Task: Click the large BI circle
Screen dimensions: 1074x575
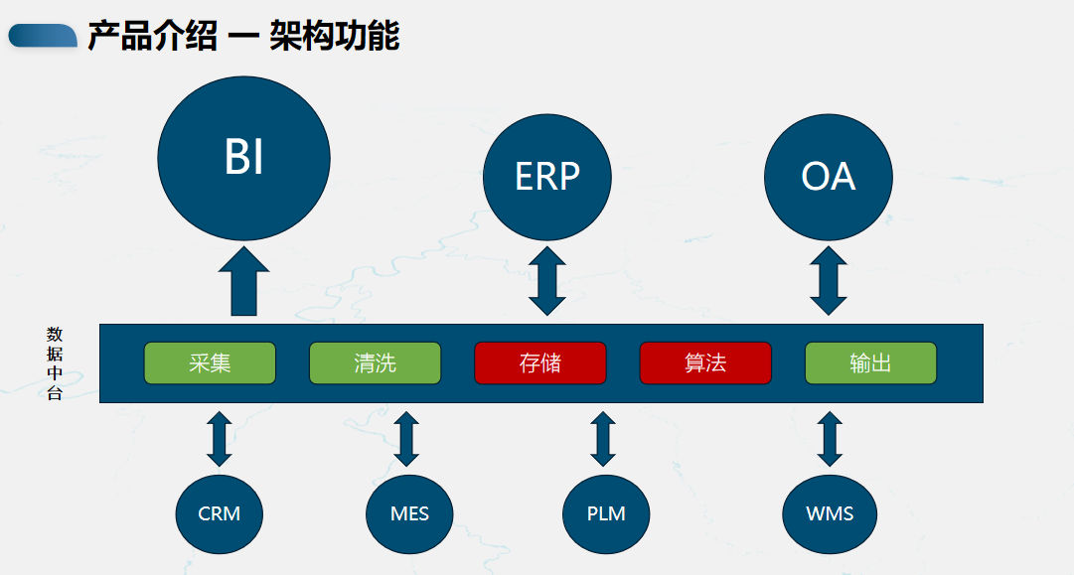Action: [243, 158]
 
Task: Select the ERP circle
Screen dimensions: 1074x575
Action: [547, 178]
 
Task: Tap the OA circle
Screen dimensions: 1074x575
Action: [829, 178]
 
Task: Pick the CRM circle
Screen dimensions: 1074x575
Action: [220, 514]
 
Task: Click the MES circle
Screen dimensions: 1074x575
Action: [409, 514]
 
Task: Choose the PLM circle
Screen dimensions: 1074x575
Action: [606, 514]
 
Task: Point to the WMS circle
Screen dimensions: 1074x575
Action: [830, 514]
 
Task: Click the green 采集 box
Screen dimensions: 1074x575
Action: [210, 362]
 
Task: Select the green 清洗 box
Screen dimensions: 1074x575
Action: [376, 362]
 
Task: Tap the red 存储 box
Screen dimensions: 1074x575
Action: [540, 362]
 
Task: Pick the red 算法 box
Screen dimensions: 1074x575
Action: [705, 362]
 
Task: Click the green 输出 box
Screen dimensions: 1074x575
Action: [870, 362]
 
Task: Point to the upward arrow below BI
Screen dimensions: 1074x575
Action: [243, 281]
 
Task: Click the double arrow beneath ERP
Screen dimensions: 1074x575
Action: [547, 281]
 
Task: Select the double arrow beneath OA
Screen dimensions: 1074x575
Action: [829, 281]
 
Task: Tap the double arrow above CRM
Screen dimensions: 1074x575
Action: [220, 439]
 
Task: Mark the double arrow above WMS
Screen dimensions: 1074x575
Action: [830, 439]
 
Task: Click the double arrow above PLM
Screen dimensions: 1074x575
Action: [603, 439]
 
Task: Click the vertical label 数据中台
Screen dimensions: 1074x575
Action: [55, 363]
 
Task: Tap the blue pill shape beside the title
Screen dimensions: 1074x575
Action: [43, 36]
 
